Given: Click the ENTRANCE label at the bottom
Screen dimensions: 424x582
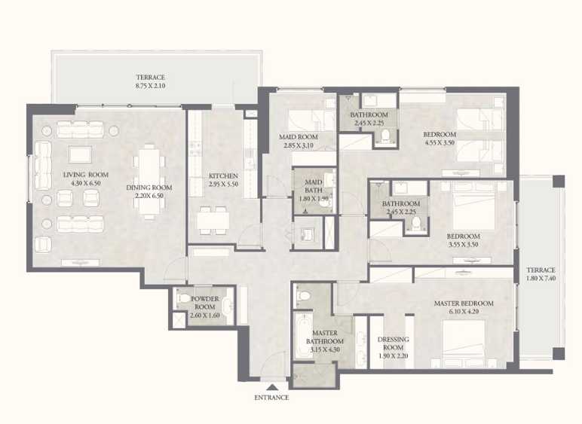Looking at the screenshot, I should click(x=271, y=397).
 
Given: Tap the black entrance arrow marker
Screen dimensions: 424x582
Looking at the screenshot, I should click(x=271, y=387).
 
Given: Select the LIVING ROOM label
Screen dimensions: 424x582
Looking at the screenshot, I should click(x=85, y=175).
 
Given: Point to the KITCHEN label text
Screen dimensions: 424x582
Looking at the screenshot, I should click(x=223, y=175).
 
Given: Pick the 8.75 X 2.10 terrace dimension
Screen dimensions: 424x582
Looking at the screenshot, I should click(x=150, y=86).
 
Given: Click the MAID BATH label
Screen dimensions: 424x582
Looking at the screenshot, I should click(x=314, y=187).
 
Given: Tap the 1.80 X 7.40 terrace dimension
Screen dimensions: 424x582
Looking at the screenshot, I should click(x=541, y=279).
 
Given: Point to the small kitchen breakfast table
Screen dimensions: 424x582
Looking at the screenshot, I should click(x=213, y=221).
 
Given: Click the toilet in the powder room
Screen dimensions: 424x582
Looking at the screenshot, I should click(x=184, y=300).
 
